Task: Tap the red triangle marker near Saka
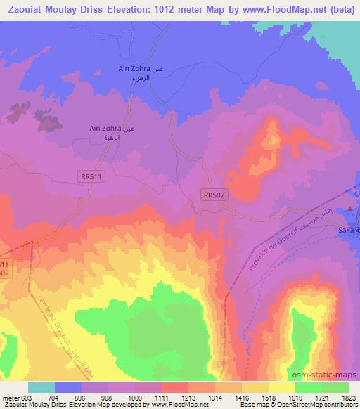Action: pos(349,209)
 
